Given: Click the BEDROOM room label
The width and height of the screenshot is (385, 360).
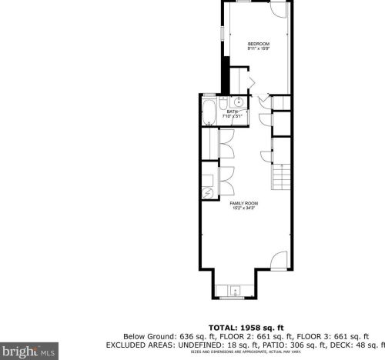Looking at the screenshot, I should coord(258,43).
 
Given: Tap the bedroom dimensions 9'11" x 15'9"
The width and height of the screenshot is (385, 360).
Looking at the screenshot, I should coord(258,49).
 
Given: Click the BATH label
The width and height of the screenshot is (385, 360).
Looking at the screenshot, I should coord(232,112).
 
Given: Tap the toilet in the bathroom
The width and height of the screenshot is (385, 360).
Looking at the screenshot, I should coord(224,102).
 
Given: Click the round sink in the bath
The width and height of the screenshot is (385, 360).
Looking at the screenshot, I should coord(239,102).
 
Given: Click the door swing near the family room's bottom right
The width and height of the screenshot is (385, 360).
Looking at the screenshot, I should coord(278,260).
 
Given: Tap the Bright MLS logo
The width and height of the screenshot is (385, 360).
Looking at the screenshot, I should coord(29,352).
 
